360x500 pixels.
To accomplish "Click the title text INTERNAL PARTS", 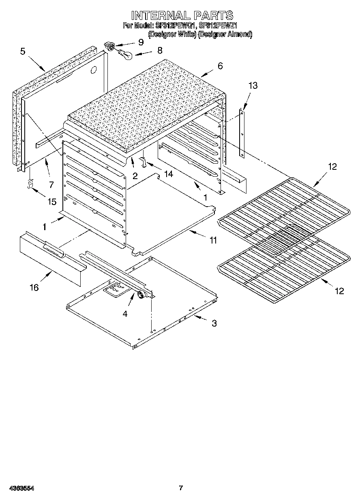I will pyautogui.click(x=182, y=15).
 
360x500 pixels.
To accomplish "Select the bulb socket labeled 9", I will pyautogui.click(x=109, y=46).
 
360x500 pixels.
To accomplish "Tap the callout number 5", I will pyautogui.click(x=23, y=51).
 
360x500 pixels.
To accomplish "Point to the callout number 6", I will pyautogui.click(x=220, y=66).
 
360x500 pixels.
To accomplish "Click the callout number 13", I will pyautogui.click(x=253, y=85).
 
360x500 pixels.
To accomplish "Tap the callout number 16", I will pyautogui.click(x=34, y=287).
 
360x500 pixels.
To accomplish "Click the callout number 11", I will pyautogui.click(x=213, y=240).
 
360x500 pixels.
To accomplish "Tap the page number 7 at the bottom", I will pyautogui.click(x=181, y=488).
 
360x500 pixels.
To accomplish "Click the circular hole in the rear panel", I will pyautogui.click(x=94, y=70).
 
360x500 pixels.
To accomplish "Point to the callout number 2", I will pyautogui.click(x=135, y=176).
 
